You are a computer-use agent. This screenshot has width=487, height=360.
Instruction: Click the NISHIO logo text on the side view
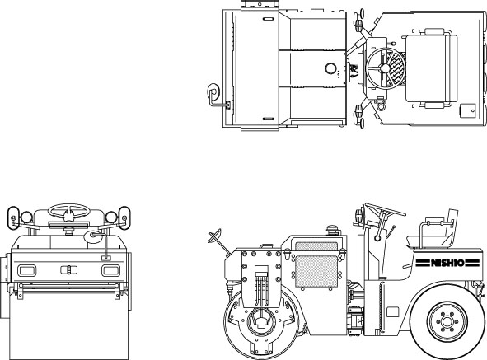point(447,263)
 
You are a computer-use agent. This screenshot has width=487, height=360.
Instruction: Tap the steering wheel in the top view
point(386,68)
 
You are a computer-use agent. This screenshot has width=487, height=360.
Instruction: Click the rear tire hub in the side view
point(447,321)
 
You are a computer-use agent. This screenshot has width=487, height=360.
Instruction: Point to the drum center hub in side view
point(261,322)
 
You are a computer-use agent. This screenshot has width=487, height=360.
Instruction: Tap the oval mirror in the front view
point(92,236)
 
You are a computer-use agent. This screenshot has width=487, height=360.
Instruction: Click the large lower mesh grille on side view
point(316,271)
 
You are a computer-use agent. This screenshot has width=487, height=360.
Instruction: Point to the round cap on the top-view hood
point(330,68)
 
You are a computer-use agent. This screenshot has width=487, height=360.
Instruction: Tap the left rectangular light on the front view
point(26,270)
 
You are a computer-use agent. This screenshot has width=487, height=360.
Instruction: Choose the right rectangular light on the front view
point(110,270)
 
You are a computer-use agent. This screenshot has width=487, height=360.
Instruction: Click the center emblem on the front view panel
point(69,269)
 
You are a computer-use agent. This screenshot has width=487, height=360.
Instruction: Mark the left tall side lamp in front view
point(13,217)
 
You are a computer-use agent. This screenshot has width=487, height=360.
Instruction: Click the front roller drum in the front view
point(68,330)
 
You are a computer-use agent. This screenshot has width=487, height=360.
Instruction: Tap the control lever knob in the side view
point(377,238)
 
